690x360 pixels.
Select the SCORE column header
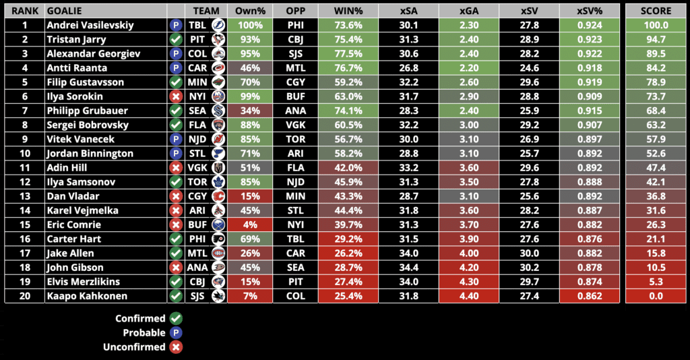click(656, 11)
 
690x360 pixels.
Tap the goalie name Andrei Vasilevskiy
click(90, 25)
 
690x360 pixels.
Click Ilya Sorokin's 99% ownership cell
click(249, 96)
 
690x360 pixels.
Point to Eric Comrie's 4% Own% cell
click(249, 224)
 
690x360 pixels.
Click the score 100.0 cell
click(656, 25)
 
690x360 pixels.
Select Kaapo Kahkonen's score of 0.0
click(656, 296)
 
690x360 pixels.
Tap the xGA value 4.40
click(469, 296)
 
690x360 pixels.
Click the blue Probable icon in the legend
click(177, 332)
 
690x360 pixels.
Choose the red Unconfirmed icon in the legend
click(177, 347)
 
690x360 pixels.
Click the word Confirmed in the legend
click(140, 318)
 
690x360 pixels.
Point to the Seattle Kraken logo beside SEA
click(218, 111)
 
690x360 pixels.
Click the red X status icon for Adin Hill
click(177, 168)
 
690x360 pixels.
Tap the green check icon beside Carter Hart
click(177, 239)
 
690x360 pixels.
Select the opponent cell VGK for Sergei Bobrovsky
click(295, 125)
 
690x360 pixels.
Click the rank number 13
click(25, 196)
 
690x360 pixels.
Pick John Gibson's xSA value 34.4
click(408, 268)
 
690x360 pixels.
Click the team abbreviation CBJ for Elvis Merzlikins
click(197, 282)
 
